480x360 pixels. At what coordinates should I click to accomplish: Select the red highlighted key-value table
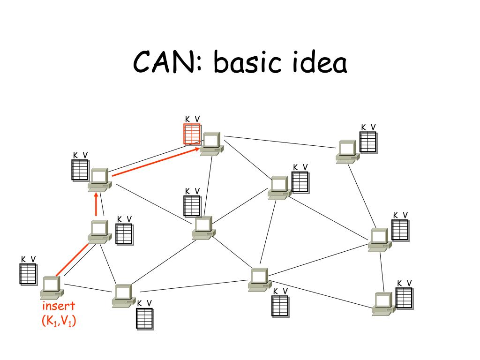pyautogui.click(x=192, y=134)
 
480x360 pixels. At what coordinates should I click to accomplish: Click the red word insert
pyautogui.click(x=59, y=306)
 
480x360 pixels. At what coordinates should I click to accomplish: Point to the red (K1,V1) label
pyautogui.click(x=59, y=321)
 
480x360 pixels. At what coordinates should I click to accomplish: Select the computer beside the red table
pyautogui.click(x=212, y=144)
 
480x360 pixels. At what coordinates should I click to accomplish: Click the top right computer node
pyautogui.click(x=348, y=152)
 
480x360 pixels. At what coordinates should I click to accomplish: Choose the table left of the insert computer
pyautogui.click(x=28, y=274)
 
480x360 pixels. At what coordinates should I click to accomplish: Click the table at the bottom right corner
pyautogui.click(x=404, y=298)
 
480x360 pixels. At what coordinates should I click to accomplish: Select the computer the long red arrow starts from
pyautogui.click(x=100, y=180)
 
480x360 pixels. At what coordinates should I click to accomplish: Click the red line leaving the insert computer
pyautogui.click(x=72, y=260)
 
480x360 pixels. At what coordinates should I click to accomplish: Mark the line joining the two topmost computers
pyautogui.click(x=280, y=142)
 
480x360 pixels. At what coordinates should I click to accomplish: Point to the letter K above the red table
pyautogui.click(x=187, y=120)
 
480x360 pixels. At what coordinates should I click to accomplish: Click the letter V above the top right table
pyautogui.click(x=373, y=127)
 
